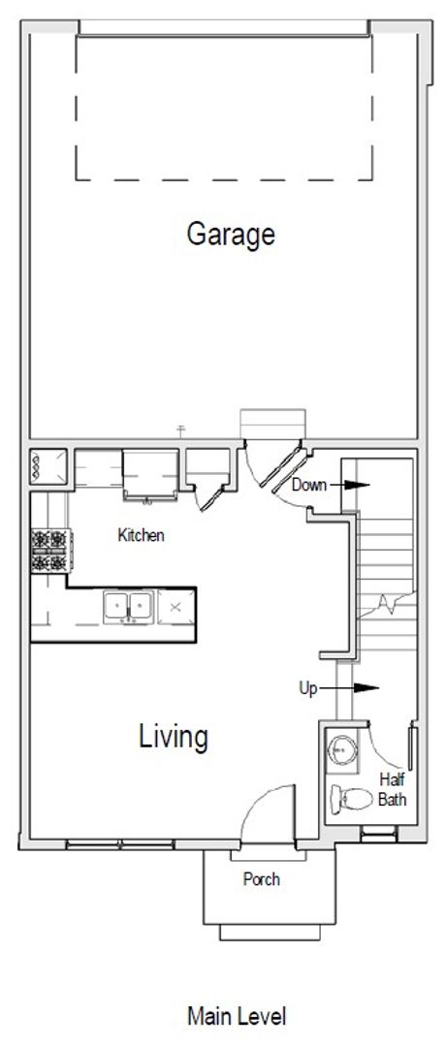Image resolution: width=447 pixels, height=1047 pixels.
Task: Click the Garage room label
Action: [x=231, y=236]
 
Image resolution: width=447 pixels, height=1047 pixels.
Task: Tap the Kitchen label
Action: [x=141, y=535]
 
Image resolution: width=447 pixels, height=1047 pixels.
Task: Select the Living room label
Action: [x=174, y=737]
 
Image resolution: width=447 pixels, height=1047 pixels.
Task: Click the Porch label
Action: [x=261, y=879]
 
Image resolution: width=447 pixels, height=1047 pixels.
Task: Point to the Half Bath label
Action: [x=392, y=789]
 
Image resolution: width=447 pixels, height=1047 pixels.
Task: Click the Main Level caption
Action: [x=237, y=1017]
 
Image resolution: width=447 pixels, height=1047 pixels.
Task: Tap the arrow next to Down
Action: [x=349, y=485]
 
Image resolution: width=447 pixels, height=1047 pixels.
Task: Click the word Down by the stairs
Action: [x=308, y=485]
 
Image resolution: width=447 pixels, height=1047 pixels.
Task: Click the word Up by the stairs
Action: [x=308, y=689]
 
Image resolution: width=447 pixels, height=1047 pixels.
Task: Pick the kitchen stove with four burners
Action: [x=51, y=551]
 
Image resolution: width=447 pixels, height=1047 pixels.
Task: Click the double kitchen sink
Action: [x=129, y=606]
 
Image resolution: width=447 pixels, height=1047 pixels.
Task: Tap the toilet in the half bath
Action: [x=351, y=799]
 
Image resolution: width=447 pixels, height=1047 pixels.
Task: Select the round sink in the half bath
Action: [x=341, y=749]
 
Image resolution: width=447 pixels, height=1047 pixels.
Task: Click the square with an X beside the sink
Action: [x=176, y=607]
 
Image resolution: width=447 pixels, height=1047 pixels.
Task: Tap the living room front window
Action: [x=120, y=844]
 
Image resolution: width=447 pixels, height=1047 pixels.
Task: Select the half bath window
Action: [x=379, y=834]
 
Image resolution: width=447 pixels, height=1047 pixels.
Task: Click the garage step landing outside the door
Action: [x=272, y=424]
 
